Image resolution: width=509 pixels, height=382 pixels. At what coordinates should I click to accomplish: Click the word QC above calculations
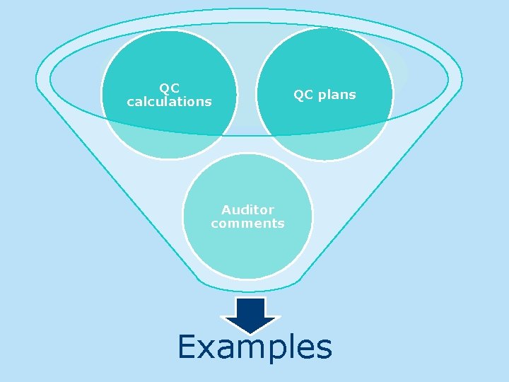pos(169,88)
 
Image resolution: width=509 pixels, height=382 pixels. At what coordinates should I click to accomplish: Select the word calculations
pos(169,102)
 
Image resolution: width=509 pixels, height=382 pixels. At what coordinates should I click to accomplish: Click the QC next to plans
pos(303,95)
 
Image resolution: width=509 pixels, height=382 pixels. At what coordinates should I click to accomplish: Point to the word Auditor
pos(247,210)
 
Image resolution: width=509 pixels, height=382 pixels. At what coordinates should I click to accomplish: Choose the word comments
pos(247,224)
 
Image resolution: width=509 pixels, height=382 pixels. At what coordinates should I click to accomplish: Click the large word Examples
pos(255,347)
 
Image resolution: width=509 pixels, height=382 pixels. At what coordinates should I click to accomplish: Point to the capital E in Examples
pos(189,347)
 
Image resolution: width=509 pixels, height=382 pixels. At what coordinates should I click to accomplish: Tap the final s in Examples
pos(324,349)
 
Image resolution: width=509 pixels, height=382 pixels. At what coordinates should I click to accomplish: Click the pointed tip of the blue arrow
pos(252,332)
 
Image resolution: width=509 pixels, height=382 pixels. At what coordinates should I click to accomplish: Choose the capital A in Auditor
pos(226,210)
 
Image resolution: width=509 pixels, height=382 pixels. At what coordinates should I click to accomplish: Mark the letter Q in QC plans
pos(298,95)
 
